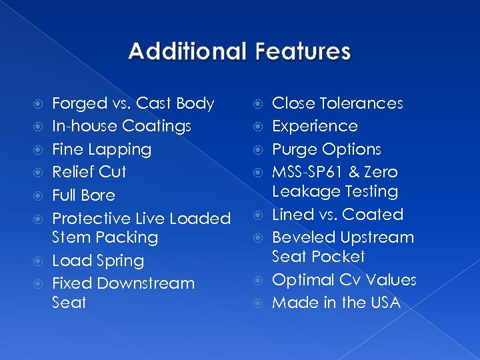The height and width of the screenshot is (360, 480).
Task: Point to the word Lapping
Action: (122, 149)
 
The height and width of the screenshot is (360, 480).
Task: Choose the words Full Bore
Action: (83, 195)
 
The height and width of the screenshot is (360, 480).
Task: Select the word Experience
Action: (315, 127)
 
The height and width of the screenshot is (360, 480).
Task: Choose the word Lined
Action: (293, 215)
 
